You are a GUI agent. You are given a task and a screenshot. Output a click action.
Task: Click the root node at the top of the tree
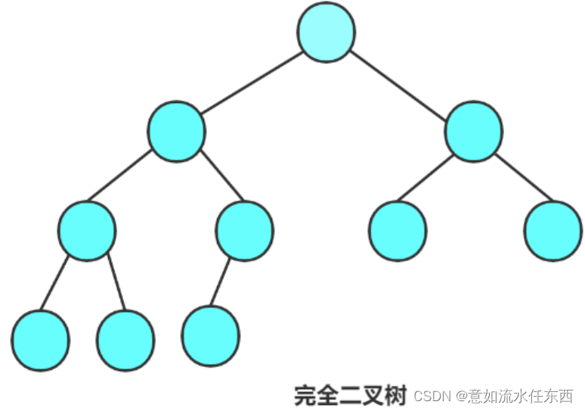[x=326, y=32]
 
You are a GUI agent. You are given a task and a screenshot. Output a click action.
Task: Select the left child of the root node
[x=176, y=131]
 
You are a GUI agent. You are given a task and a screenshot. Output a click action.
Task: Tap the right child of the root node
[x=474, y=131]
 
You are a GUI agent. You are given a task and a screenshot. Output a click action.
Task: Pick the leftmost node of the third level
[x=87, y=230]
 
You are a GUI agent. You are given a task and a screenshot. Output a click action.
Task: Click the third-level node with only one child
[x=244, y=230]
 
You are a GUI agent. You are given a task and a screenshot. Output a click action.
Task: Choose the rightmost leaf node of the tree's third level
[x=552, y=230]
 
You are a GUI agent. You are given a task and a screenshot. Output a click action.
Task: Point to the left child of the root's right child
[x=398, y=230]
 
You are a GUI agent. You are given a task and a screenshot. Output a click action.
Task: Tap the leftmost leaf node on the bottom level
[x=40, y=340]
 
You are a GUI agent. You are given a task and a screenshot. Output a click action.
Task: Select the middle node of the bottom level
[x=125, y=340]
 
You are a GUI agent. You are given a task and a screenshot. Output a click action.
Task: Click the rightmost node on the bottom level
[x=211, y=336]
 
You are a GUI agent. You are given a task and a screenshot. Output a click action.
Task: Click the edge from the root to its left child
[x=251, y=82]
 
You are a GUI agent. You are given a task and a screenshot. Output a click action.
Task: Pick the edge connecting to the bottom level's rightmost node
[x=221, y=282]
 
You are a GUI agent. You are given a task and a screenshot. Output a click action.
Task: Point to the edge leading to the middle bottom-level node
[x=116, y=282]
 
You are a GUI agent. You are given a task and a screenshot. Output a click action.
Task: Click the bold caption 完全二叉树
[x=350, y=394]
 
